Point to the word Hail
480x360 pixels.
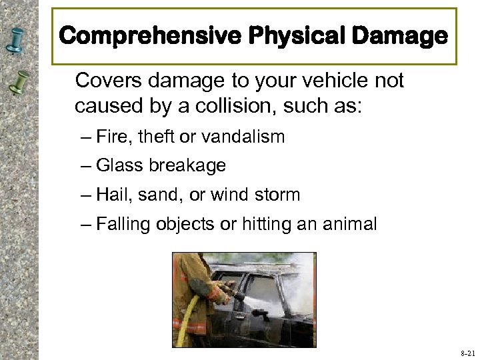pyautogui.click(x=112, y=195)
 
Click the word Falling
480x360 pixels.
pyautogui.click(x=123, y=225)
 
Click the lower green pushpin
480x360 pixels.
pyautogui.click(x=21, y=83)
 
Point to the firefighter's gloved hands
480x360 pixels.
pyautogui.click(x=219, y=294)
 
